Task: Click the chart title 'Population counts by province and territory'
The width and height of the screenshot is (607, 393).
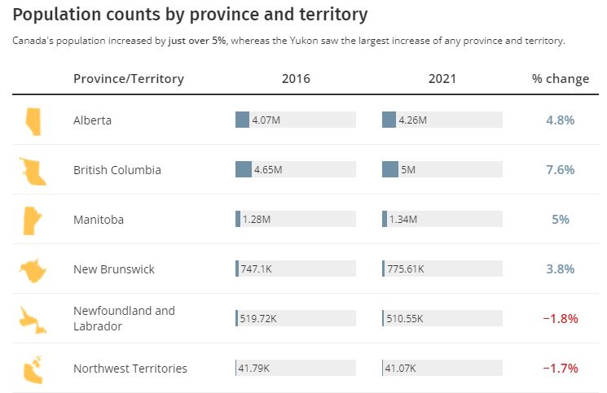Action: (x=191, y=15)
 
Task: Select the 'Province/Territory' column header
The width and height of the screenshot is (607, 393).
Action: (x=128, y=79)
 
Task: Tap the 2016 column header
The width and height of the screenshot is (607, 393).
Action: (x=296, y=79)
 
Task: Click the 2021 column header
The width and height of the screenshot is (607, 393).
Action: (x=442, y=79)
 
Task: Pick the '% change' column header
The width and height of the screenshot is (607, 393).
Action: (x=560, y=79)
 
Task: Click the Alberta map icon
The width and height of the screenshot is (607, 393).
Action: (x=33, y=120)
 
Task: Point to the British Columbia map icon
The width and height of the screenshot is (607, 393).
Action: (x=33, y=170)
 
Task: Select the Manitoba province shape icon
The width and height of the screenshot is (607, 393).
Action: (x=33, y=220)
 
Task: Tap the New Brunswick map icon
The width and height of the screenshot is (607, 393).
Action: (x=33, y=269)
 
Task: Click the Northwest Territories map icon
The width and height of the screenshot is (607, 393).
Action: (x=33, y=369)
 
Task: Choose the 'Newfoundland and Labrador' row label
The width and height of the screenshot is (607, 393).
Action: (x=124, y=318)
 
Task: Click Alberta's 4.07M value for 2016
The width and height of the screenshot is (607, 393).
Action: (x=266, y=120)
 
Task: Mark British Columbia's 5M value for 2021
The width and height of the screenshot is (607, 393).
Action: (x=408, y=170)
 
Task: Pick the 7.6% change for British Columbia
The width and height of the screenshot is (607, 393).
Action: (x=560, y=170)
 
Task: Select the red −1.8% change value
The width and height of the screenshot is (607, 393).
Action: (x=560, y=319)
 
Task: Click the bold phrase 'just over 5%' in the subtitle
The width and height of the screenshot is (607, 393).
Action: (x=197, y=41)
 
